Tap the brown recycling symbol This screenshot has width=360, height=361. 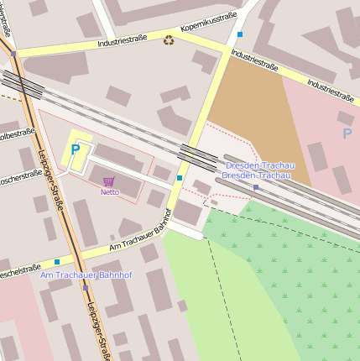pos(169,39)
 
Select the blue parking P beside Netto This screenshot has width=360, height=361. pos(75,149)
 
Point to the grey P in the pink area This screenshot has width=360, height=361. pos(347,133)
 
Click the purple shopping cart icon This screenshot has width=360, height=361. pos(109,181)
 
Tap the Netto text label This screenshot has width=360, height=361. pos(109,192)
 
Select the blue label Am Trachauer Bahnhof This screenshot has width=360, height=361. pos(86,275)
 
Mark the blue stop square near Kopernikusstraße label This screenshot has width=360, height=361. pos(240,34)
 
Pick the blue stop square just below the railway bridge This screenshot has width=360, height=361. pos(179,178)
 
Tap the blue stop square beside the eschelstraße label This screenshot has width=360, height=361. pos(57,262)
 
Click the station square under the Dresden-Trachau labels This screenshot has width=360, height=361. pos(255,187)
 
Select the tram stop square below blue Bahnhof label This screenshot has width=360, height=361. pos(86,287)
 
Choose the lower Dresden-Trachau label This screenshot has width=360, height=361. pos(257,175)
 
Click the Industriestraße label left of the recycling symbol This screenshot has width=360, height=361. pos(122,39)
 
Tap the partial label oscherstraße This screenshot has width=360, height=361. pos(20,177)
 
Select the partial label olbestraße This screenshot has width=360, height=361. pos(16,133)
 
